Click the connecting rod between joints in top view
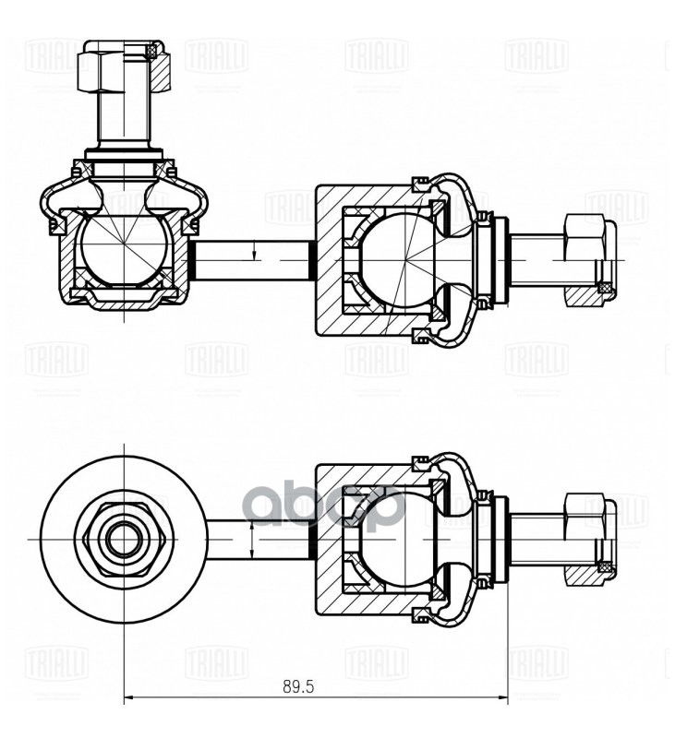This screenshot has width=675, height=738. pyautogui.click(x=251, y=260)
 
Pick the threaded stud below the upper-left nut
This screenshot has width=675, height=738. pyautogui.click(x=123, y=125)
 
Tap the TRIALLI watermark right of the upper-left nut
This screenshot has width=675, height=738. pyautogui.click(x=216, y=55)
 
